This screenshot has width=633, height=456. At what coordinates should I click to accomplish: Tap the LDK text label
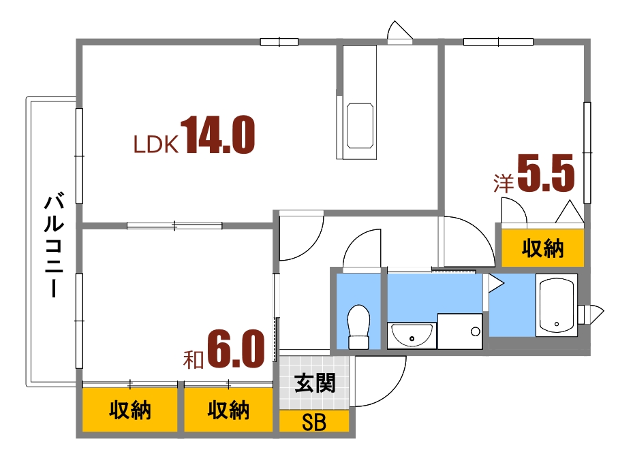point(155,144)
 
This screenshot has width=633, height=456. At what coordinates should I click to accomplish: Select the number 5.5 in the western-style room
point(546,174)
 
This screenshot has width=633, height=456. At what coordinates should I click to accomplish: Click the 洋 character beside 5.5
point(503,182)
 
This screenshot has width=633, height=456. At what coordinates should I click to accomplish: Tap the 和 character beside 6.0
point(193,359)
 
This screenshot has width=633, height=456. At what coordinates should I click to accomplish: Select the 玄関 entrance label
point(314,383)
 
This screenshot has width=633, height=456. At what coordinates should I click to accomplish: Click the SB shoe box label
point(314,423)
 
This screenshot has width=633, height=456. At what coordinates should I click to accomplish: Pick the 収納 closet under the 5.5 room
point(542,248)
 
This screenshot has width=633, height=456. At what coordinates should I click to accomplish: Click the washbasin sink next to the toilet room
point(411,334)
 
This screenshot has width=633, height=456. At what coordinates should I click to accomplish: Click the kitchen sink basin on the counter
point(360,126)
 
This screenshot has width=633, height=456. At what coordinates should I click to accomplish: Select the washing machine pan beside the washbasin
point(459,331)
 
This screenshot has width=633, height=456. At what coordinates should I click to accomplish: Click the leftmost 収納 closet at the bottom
point(129,410)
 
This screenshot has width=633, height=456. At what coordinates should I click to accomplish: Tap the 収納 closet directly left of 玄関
point(228,410)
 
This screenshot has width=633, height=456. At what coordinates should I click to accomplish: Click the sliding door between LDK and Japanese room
point(174,225)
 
